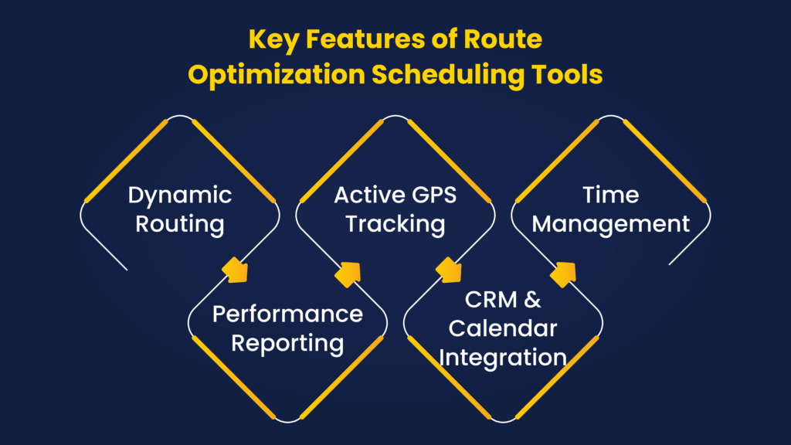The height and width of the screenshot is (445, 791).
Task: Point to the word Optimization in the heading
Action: click(277, 75)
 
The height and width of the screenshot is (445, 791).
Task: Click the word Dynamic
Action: click(179, 195)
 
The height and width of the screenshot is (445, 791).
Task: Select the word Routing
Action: click(179, 224)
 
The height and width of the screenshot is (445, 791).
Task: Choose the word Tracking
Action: click(395, 224)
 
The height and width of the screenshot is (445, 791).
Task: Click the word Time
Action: click(610, 195)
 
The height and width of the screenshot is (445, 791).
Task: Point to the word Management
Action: click(610, 224)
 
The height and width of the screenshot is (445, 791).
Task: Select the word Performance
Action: click(287, 314)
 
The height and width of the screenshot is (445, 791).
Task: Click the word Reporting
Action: click(287, 344)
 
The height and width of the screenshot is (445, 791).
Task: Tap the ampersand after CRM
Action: click(532, 300)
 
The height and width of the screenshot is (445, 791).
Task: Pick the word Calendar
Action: click(502, 328)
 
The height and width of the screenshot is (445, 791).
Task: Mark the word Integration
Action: click(502, 358)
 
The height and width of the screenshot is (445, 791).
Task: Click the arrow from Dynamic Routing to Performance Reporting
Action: click(235, 270)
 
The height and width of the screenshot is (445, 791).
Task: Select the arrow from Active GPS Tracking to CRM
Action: click(449, 270)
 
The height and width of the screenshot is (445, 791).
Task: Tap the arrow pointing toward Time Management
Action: click(563, 274)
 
